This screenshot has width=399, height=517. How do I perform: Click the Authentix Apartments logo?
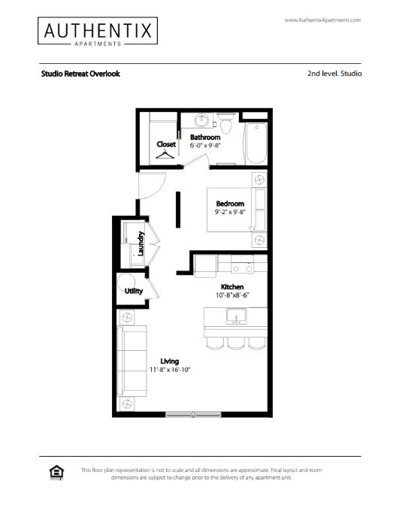click(x=98, y=31)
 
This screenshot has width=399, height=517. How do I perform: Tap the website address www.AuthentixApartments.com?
click(x=322, y=20)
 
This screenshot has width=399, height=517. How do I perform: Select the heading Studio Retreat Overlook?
click(x=80, y=74)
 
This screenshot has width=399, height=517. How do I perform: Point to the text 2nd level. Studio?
click(x=334, y=74)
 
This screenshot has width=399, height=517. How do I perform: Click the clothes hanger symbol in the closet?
click(x=165, y=154)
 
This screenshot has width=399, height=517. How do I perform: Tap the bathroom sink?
click(x=201, y=120)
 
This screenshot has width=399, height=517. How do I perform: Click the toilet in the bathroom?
click(x=226, y=122)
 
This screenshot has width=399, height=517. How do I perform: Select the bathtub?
click(x=255, y=144)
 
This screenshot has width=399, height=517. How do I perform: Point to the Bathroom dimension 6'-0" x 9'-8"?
click(x=205, y=146)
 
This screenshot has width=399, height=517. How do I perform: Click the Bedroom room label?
click(x=230, y=204)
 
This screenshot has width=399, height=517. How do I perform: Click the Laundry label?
click(x=141, y=243)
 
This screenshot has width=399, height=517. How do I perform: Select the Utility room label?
click(x=134, y=291)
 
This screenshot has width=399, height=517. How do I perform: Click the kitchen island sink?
click(x=236, y=316)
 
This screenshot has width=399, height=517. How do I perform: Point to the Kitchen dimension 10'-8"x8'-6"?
click(x=232, y=295)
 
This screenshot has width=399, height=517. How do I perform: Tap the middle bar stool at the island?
click(x=235, y=343)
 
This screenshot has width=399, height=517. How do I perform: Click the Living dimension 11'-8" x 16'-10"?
click(x=170, y=370)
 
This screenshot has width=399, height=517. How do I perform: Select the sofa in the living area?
click(x=132, y=361)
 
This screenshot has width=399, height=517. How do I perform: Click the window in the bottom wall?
click(x=193, y=415)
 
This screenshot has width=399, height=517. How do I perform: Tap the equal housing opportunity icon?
click(x=56, y=473)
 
